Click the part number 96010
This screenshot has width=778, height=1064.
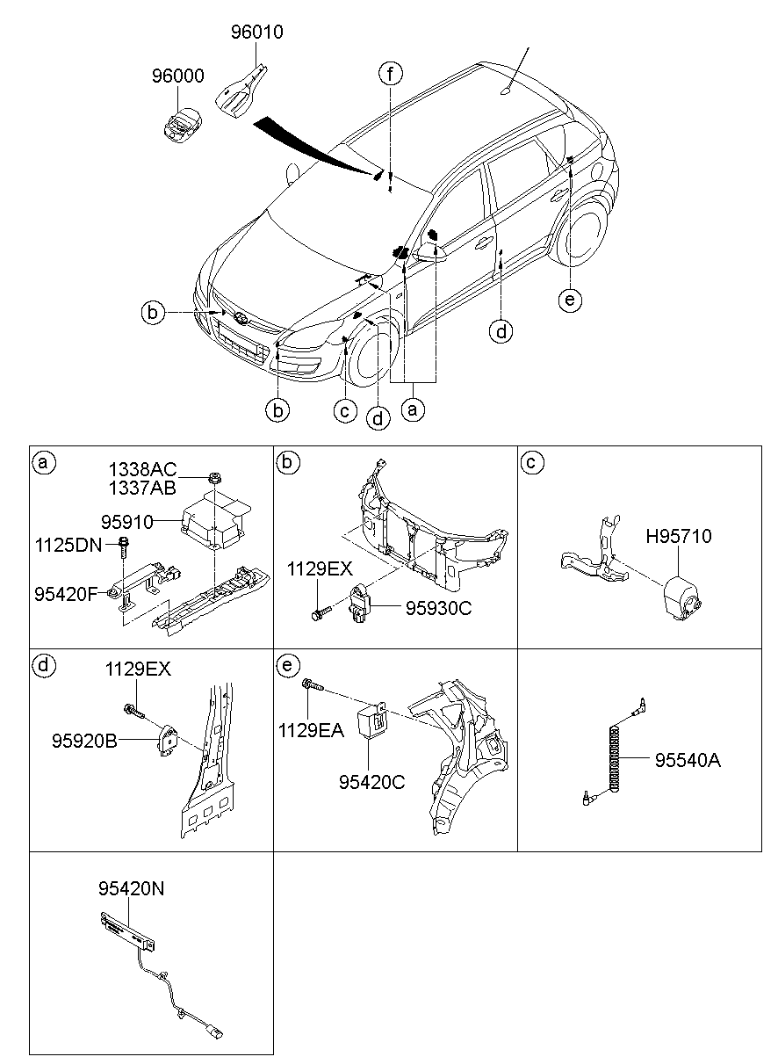pos(257,33)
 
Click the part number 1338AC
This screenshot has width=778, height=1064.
pos(142,468)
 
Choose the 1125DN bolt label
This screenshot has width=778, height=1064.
pos(68,544)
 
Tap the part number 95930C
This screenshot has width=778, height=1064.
pos(437,607)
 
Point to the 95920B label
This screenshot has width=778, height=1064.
pos(83,741)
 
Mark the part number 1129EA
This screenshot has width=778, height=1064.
pos(313,728)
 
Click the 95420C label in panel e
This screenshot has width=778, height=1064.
pos(372,781)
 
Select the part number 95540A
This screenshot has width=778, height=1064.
pos(687,760)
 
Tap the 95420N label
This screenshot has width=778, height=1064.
pos(131,888)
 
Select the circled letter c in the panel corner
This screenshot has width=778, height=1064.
pos(530,462)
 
